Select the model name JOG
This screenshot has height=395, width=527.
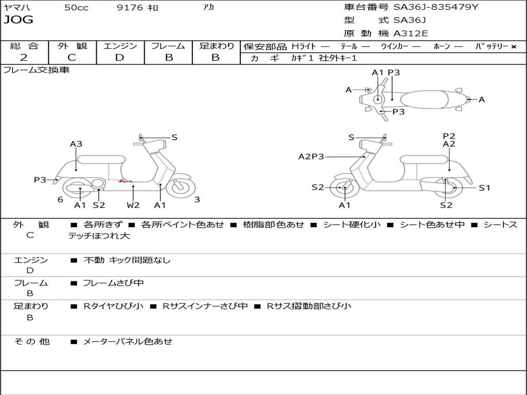[x=19, y=20]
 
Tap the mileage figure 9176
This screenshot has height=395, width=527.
[x=130, y=8]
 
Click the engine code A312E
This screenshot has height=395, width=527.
[x=411, y=33]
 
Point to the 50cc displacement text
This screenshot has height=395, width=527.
[x=76, y=8]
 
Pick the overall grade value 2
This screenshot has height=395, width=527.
[x=24, y=58]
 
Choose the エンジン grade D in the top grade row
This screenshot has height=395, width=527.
[x=119, y=58]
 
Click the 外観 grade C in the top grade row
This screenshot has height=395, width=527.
[x=72, y=58]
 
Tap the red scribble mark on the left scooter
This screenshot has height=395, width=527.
[x=126, y=181]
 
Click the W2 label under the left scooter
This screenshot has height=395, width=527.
[x=133, y=205]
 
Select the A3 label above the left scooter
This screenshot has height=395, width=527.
[x=76, y=144]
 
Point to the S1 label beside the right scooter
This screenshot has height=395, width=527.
[x=485, y=188]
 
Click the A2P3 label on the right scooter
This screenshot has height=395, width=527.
[x=311, y=156]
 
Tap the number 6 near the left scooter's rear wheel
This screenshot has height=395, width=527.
[x=60, y=200]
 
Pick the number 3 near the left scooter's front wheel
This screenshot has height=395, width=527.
[x=197, y=200]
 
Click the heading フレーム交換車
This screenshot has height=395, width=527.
[x=36, y=70]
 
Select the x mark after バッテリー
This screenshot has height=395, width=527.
[x=514, y=47]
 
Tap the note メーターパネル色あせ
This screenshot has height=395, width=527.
[x=128, y=342]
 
